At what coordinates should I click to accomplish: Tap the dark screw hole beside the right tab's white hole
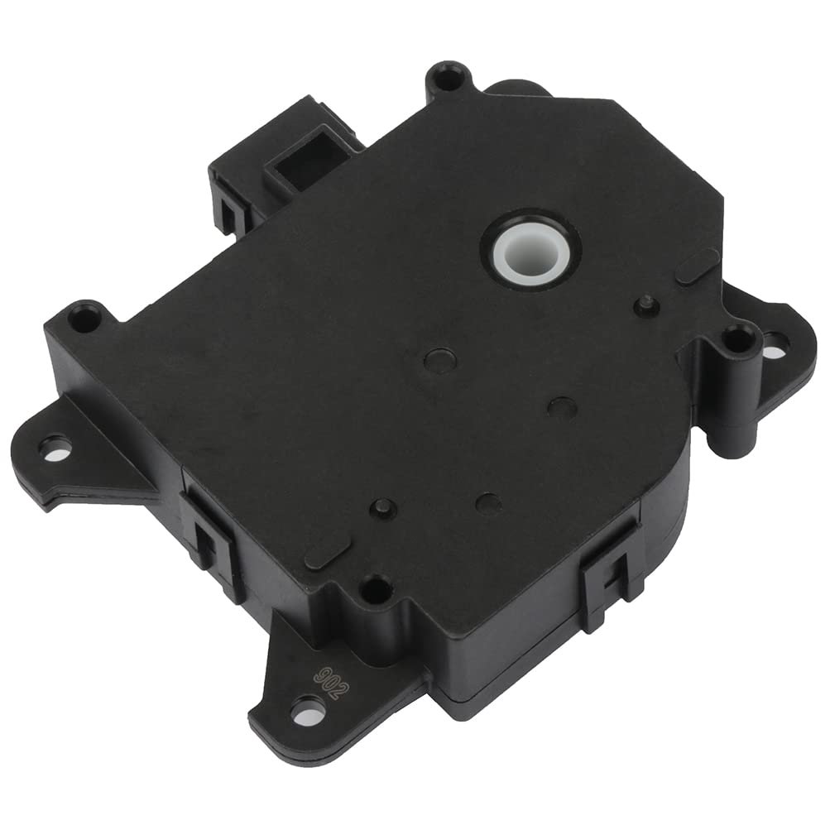click(740, 340)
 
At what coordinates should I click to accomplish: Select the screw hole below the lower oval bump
click(377, 587)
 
